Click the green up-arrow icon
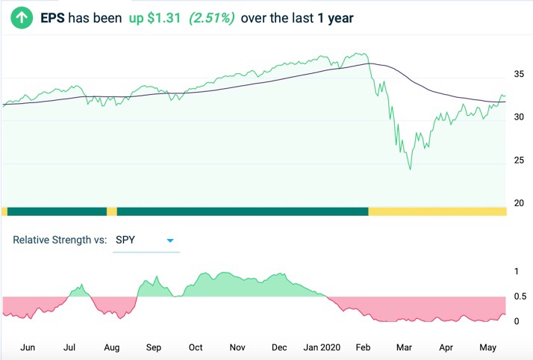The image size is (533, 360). point(20,16)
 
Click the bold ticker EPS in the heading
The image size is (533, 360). point(53,16)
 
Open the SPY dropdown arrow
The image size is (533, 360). point(170,240)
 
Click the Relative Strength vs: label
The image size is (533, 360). point(60,240)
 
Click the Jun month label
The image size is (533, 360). point(28,347)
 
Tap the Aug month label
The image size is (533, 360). point(111,347)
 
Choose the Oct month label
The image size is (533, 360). point(196,347)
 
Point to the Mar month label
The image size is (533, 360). point(405,347)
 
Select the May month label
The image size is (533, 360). point(487,347)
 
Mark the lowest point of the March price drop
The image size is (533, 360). point(410,170)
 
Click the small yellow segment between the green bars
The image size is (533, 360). point(112,211)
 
